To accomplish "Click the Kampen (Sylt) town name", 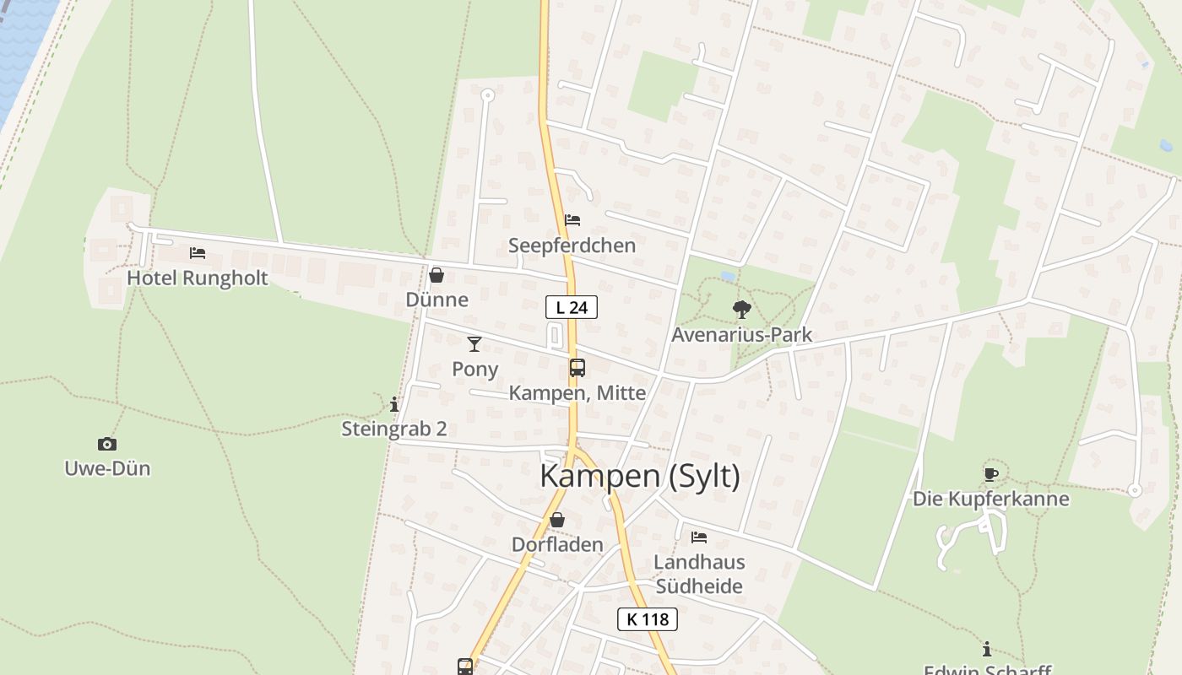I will tap(640, 477).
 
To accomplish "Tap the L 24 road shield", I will tap(572, 307).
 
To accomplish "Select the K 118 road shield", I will tap(648, 619).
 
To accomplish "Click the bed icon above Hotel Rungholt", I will tap(198, 253).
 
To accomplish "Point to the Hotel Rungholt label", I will tap(198, 278).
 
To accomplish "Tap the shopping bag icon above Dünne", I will tap(436, 275).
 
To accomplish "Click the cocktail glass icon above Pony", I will tap(474, 344).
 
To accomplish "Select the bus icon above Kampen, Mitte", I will tap(577, 368).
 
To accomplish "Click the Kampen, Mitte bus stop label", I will tap(577, 393).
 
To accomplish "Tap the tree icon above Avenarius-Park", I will tap(741, 310).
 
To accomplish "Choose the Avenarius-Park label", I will tap(741, 335).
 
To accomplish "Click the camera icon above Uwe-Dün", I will tap(107, 444).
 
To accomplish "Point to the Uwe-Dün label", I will tap(107, 468).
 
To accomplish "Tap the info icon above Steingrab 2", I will tap(393, 404).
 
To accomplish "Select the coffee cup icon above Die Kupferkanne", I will tap(990, 474).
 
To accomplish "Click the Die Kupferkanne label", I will tap(990, 499).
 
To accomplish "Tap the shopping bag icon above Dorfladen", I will tap(557, 520).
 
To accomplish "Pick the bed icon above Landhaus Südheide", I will tap(699, 537).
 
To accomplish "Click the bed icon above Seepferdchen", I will tap(572, 220).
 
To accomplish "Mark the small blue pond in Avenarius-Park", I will tap(727, 276).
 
